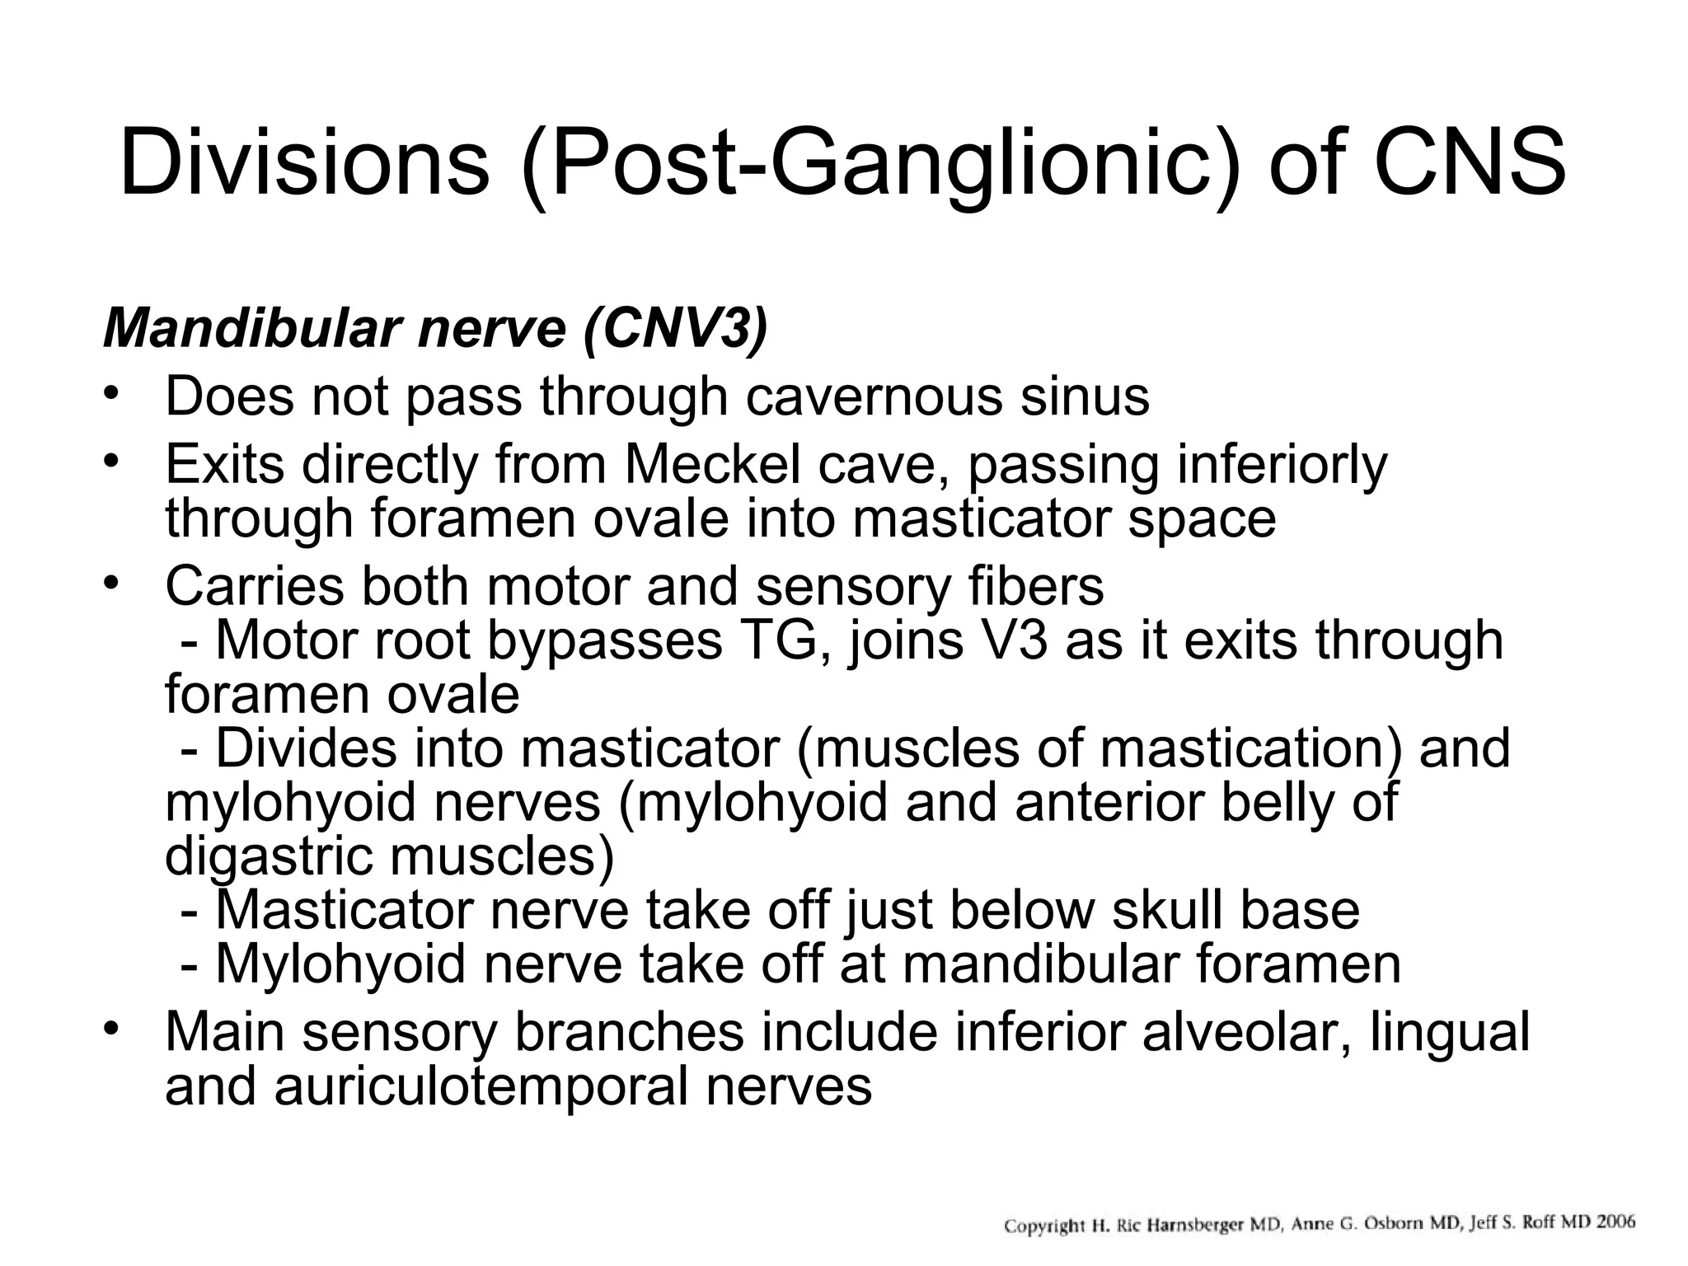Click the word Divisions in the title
coord(304,163)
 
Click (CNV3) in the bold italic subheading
coord(675,330)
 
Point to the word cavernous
coord(874,397)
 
